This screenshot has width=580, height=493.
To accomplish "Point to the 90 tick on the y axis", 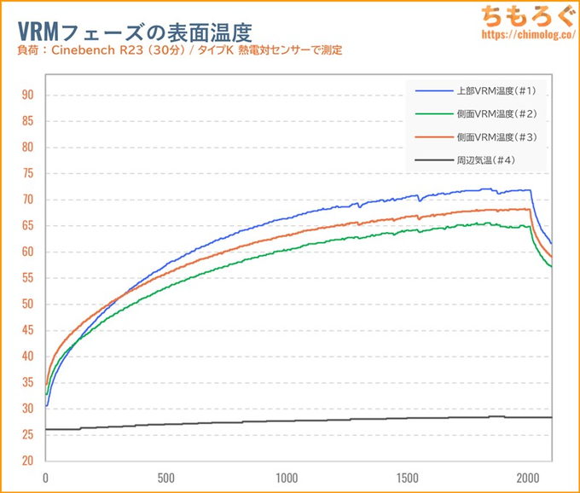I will coord(27,95).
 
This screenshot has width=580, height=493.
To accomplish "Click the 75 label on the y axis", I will coord(27,173).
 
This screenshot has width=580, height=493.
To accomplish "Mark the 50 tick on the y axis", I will coord(27,304).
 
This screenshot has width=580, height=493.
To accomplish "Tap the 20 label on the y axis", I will coord(27,461).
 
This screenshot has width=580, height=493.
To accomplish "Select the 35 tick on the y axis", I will coord(27,383).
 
